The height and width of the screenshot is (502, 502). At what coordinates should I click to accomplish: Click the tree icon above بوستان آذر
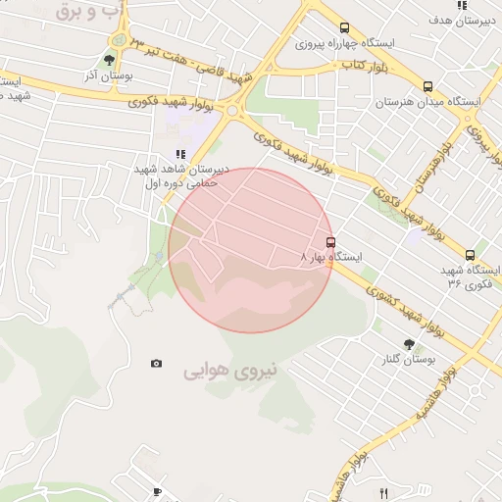pos(109,60)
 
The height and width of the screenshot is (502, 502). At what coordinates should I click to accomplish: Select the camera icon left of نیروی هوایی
pos(156,364)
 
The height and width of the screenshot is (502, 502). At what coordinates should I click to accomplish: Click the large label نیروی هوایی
pos(231,372)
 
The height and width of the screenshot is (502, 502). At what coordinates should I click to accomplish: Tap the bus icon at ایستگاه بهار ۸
pos(330,242)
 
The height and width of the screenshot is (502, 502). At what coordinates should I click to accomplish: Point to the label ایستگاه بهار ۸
pos(330,257)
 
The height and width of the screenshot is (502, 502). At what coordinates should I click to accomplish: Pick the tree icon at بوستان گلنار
pos(409,344)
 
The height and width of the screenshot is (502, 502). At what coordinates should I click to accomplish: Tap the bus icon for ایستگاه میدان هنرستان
pos(427,86)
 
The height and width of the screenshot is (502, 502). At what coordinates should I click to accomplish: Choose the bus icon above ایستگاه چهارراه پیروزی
pos(343,28)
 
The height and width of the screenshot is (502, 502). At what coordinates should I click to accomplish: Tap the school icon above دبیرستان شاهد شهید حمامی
pos(179,154)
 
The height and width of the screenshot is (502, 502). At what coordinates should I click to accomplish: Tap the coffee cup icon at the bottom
pos(157,492)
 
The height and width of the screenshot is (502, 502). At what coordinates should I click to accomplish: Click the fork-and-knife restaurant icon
pos(383,493)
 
